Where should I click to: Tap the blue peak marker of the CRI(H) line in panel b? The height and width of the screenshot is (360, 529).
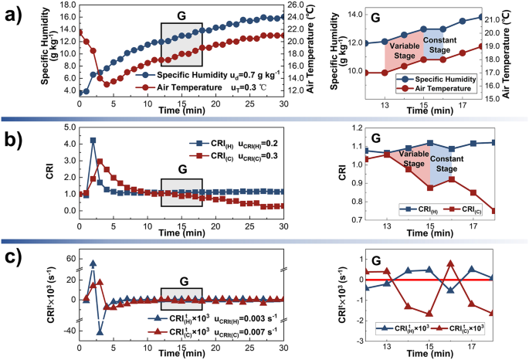point(93,141)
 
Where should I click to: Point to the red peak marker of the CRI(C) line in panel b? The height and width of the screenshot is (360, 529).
point(100,161)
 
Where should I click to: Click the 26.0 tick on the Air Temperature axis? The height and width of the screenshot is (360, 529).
point(298,5)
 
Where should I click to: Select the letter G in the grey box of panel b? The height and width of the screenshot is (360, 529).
point(181,168)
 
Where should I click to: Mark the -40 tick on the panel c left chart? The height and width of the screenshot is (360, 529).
point(65,331)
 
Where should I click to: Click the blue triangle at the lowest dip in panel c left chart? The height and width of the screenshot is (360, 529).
point(100,332)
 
